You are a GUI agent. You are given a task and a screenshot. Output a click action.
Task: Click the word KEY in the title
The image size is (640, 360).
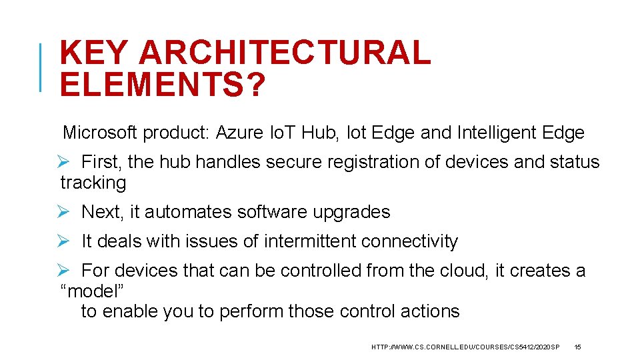click(x=93, y=53)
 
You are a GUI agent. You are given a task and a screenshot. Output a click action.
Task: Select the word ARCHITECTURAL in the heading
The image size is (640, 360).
click(x=285, y=53)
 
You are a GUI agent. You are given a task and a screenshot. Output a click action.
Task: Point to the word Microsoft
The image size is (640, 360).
click(x=99, y=133)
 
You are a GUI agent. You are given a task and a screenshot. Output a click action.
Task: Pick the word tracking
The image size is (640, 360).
click(x=93, y=183)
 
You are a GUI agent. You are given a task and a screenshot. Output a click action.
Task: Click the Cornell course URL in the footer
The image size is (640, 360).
click(x=465, y=347)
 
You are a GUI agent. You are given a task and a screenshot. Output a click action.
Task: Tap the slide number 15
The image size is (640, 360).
click(x=577, y=347)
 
